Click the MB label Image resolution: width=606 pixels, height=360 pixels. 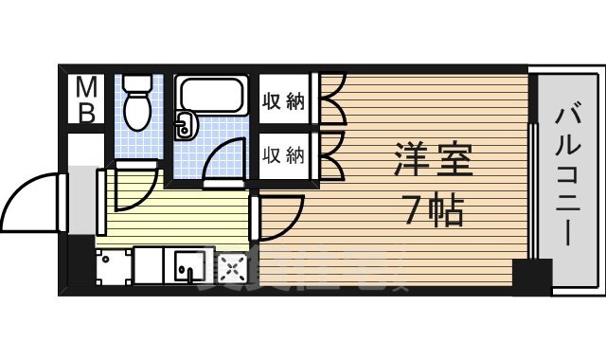point(86,100)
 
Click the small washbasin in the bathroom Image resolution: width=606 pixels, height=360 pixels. point(186,121)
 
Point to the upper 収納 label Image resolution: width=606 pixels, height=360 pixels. point(283,101)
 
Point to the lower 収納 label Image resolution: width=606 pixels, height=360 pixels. point(283,153)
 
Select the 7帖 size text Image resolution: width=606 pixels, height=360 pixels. point(433,210)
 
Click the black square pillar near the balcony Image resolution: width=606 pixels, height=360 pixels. point(531,276)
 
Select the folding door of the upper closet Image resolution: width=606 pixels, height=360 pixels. point(332,101)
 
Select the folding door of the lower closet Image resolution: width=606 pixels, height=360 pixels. point(332,153)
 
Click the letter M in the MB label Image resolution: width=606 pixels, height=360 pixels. point(86,88)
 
